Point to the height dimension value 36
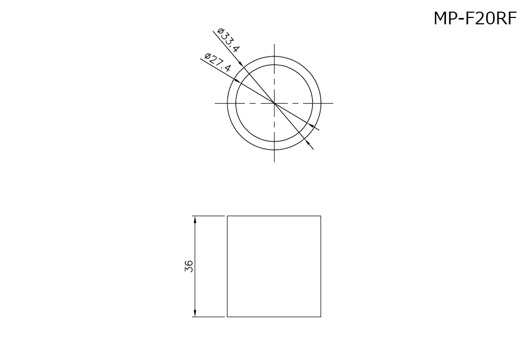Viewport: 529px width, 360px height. (189, 266)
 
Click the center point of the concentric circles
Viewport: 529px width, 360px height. (274, 103)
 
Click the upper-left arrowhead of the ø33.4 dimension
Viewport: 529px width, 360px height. (241, 64)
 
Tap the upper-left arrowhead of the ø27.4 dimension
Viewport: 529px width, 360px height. (236, 81)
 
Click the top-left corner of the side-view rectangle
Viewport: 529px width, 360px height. (227, 216)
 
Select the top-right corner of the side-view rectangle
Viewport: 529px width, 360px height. (321, 216)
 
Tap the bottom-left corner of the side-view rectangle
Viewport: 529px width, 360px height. (227, 317)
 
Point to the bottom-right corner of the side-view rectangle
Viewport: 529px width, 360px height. (321, 317)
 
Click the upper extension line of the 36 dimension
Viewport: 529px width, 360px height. (208, 216)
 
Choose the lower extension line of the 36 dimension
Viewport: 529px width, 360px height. (208, 317)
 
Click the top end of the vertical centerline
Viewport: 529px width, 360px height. (274, 44)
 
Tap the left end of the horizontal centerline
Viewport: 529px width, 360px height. (215, 103)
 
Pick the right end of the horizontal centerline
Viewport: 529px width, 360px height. (333, 103)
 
